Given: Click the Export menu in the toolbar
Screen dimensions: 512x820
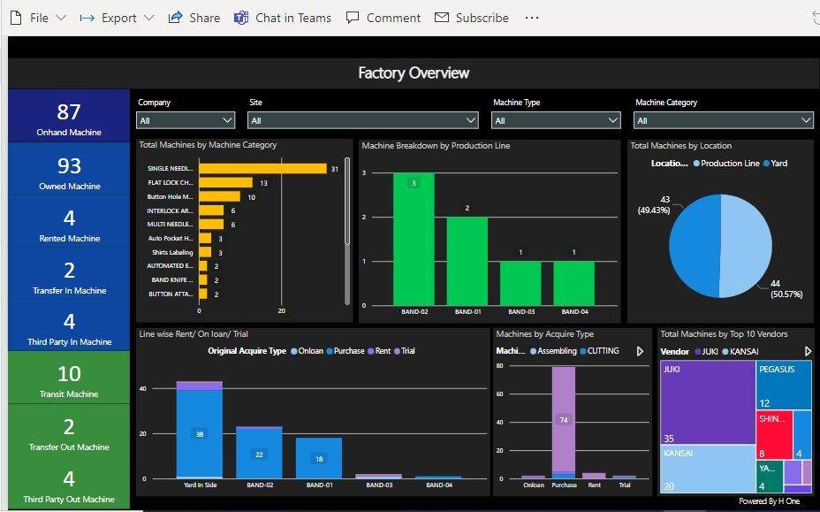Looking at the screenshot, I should (117, 18).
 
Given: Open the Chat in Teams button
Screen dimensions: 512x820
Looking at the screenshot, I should (283, 18).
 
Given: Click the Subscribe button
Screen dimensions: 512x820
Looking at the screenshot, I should (472, 18).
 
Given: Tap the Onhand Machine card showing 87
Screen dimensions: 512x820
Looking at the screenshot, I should (69, 117).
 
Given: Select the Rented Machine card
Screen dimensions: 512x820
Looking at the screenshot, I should (69, 223).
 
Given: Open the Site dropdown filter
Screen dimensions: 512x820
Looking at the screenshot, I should (363, 120).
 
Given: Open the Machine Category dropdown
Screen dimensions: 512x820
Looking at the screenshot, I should (723, 120).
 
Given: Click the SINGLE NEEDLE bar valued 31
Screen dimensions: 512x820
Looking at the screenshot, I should (262, 168).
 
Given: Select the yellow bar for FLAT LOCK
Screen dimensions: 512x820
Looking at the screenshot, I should (225, 183).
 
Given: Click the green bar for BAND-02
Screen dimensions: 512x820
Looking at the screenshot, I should (414, 239).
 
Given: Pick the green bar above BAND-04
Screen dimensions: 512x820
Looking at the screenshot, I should (574, 282).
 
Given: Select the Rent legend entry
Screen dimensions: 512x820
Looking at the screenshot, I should (381, 351).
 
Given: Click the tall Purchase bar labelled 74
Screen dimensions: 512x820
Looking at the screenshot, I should (564, 421).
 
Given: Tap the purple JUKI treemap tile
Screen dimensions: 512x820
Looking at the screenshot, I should (707, 402).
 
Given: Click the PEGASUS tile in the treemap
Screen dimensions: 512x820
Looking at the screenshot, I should (784, 385).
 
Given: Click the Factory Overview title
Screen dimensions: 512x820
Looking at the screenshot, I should (413, 73).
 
